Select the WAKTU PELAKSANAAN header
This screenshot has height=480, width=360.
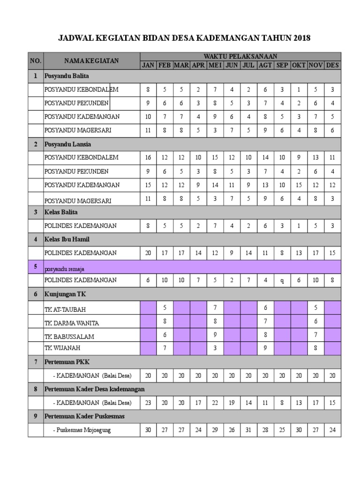point(240,56)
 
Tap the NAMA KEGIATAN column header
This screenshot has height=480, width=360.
point(91,60)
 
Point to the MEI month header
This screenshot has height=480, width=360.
point(215,65)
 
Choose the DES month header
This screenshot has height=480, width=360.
point(332,65)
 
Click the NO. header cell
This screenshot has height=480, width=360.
point(36,60)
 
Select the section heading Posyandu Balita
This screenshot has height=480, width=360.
point(67,75)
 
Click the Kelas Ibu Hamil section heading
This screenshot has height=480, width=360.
point(67,239)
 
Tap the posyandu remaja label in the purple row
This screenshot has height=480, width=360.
point(64,269)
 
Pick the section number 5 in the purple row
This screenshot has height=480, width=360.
point(35,266)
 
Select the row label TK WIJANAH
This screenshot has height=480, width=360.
point(62,348)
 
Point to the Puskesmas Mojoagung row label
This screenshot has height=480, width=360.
point(82,430)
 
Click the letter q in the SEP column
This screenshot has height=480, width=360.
point(282,280)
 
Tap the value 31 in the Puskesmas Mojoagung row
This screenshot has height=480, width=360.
point(248,430)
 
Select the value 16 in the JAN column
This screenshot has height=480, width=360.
point(148,157)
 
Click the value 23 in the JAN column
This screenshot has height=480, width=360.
point(148,403)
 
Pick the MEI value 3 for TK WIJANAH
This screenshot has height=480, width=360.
point(215,348)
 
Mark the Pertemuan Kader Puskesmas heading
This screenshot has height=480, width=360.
point(84,416)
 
